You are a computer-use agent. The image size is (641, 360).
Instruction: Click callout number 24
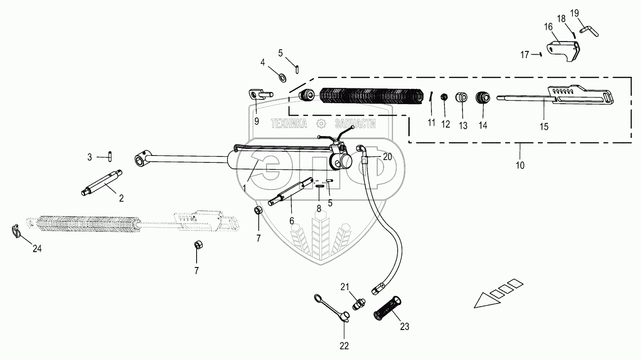(x=37, y=249)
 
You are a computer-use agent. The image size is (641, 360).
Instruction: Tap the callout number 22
(x=344, y=346)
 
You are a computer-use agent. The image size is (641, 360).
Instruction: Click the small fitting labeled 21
(x=359, y=304)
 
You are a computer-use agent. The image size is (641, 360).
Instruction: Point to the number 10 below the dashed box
(x=520, y=165)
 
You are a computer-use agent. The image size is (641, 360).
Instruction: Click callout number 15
(x=544, y=126)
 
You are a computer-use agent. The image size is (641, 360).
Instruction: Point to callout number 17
(x=524, y=55)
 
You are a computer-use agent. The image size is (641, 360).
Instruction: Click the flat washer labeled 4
(x=282, y=75)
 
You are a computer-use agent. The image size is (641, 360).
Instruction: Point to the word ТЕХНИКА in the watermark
(x=289, y=124)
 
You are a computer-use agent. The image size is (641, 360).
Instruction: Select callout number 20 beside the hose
(x=387, y=157)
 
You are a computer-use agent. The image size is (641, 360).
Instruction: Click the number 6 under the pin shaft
(x=292, y=221)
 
